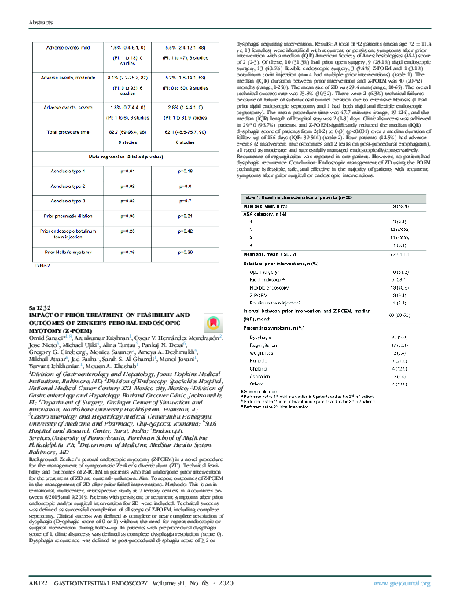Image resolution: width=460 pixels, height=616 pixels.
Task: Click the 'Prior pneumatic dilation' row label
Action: [66, 216]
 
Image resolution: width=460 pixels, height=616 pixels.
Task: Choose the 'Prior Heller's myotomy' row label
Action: [65, 252]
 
